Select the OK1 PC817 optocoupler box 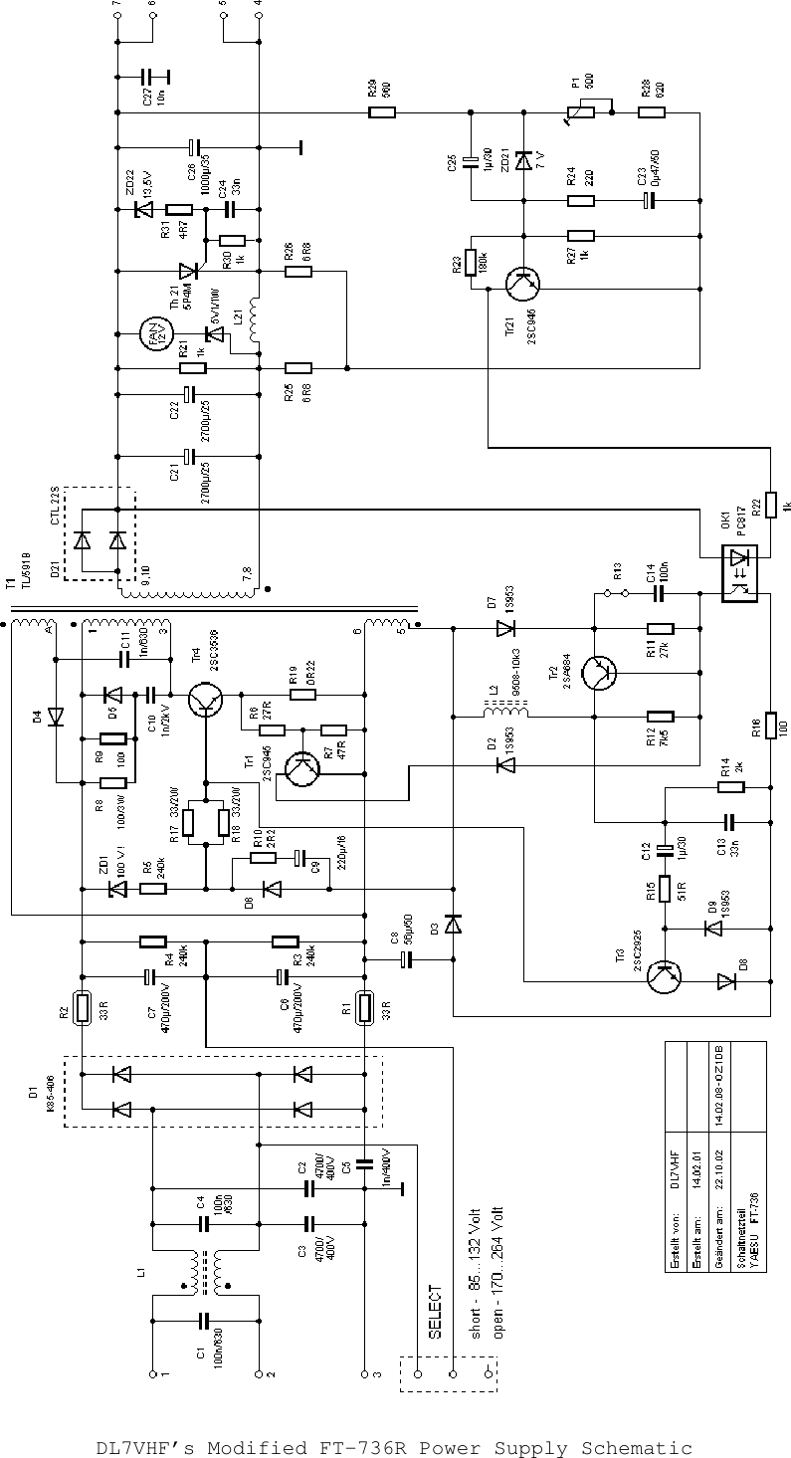coord(738,572)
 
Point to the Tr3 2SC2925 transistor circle coord(663,977)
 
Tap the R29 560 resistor coord(381,112)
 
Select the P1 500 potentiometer coord(579,112)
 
